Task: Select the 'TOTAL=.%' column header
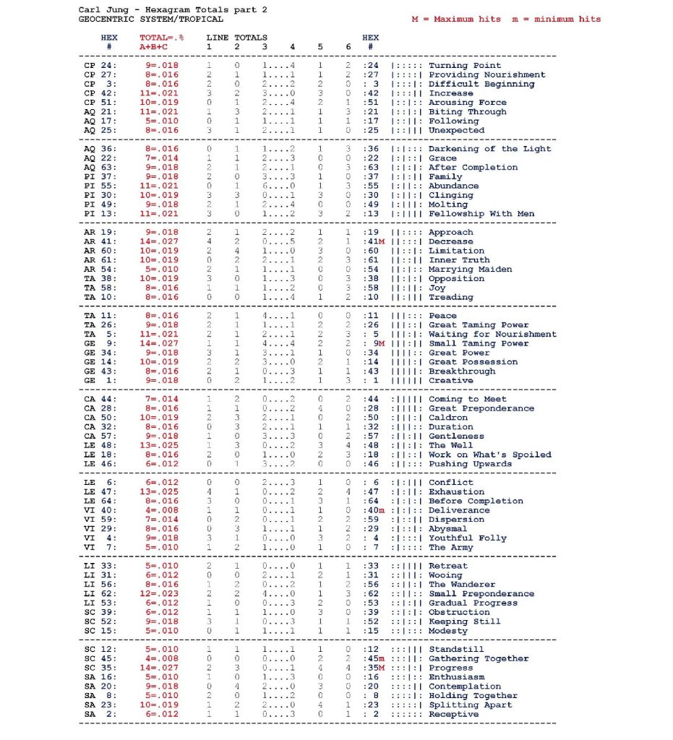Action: click(x=161, y=38)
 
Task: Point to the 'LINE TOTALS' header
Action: click(x=236, y=38)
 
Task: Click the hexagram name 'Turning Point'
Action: click(x=464, y=66)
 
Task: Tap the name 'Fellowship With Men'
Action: click(x=482, y=214)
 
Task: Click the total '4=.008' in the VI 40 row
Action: click(x=164, y=511)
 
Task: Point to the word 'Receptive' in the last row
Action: click(x=453, y=715)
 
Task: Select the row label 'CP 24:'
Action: click(x=100, y=66)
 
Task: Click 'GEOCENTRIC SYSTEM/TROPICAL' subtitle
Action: click(x=150, y=20)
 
